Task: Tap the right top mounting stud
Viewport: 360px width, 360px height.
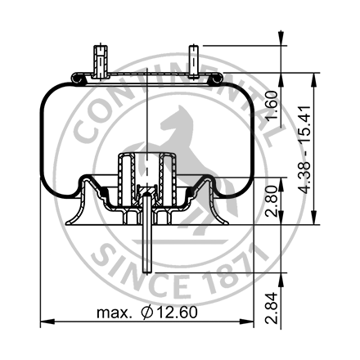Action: coord(194,61)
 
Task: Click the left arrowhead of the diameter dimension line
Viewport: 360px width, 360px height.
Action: coord(45,320)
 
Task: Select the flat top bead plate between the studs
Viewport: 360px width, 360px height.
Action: coord(147,75)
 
